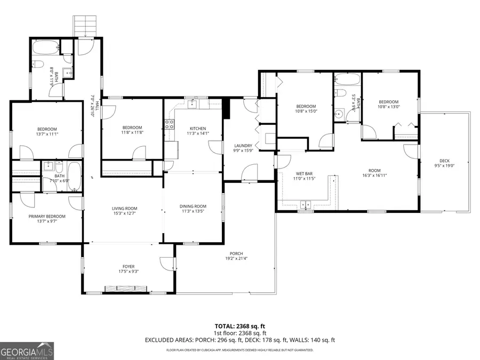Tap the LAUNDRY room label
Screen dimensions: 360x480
243,146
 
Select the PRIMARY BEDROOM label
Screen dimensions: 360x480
47,216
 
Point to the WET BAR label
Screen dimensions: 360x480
303,173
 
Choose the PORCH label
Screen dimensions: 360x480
236,253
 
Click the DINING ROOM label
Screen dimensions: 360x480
193,206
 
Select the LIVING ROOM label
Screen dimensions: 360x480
124,209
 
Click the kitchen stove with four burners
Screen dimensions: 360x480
170,125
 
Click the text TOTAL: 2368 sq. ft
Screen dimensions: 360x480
239,325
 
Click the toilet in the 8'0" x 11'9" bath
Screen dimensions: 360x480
39,65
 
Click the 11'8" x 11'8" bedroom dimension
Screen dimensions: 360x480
132,132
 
